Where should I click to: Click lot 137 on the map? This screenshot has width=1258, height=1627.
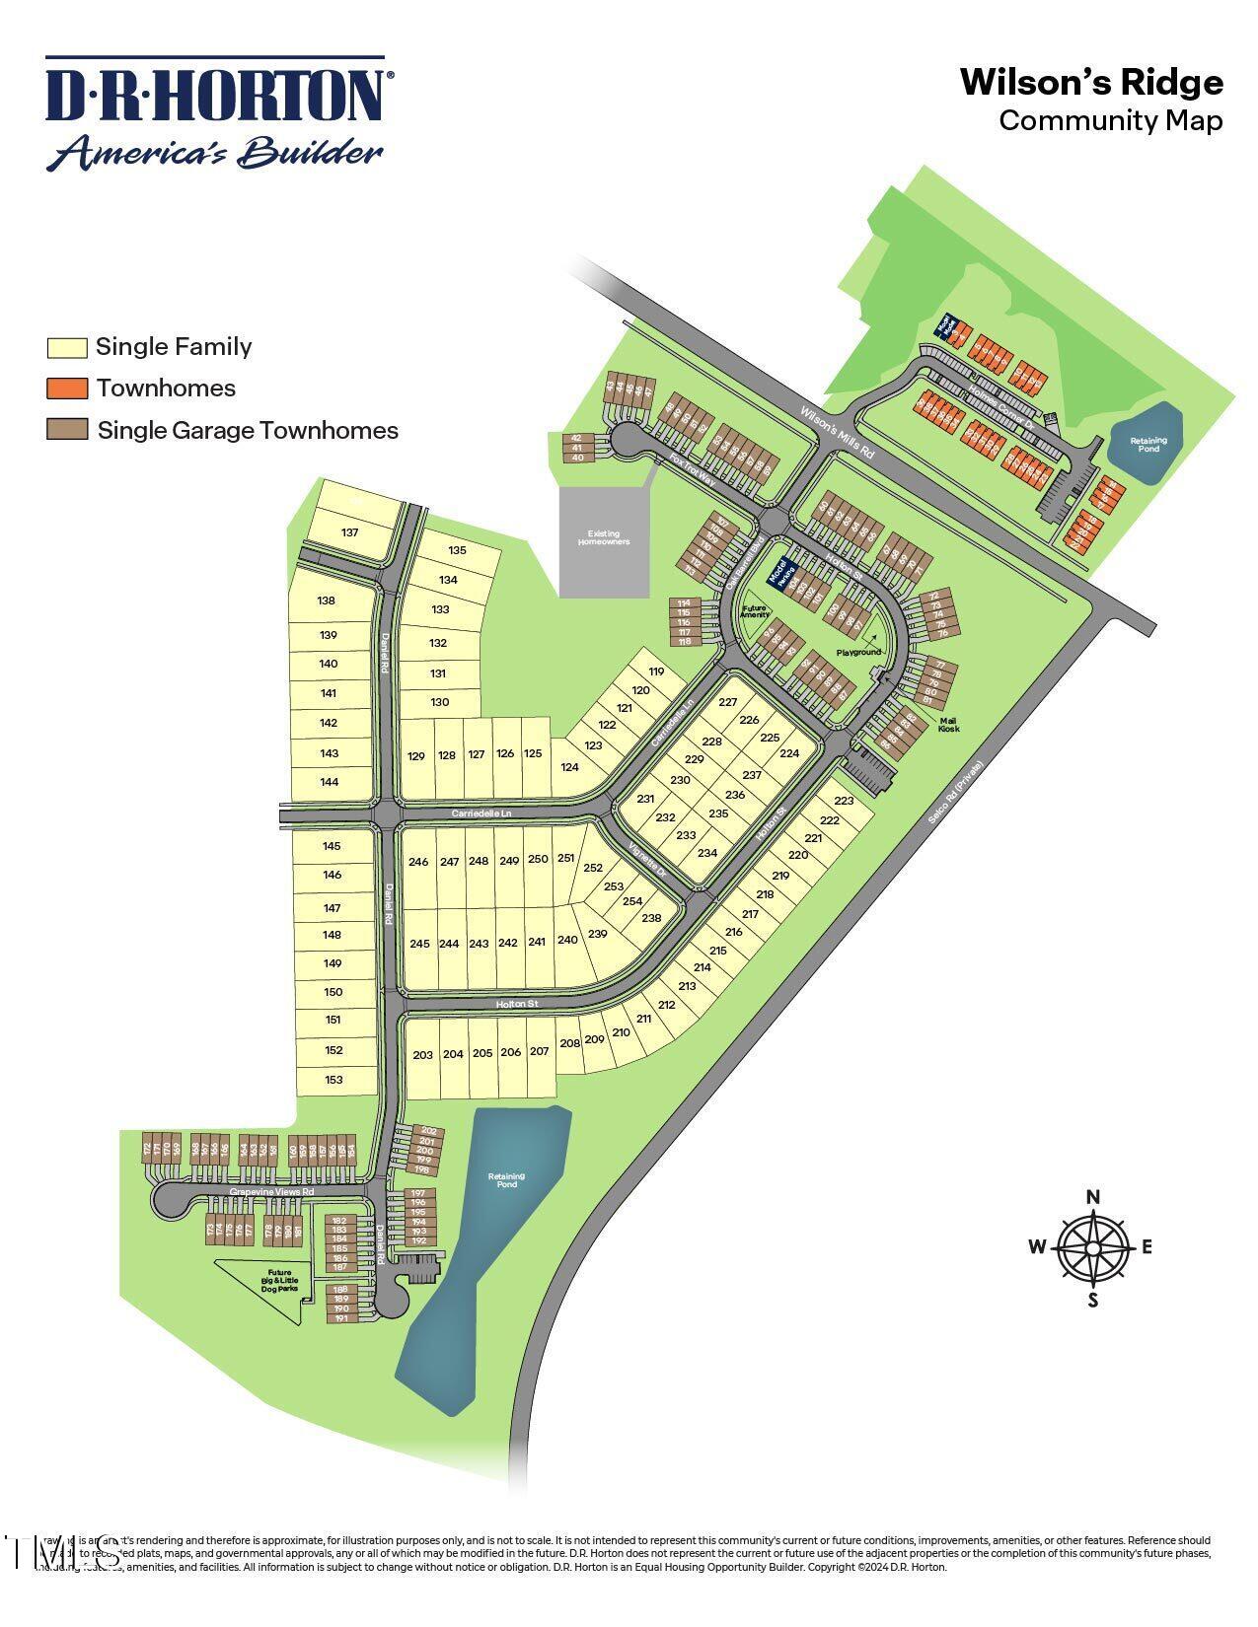pyautogui.click(x=349, y=532)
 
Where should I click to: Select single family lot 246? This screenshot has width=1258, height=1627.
pyautogui.click(x=418, y=862)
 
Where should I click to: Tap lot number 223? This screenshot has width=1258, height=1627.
pyautogui.click(x=844, y=801)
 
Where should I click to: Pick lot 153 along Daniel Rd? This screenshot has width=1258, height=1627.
pyautogui.click(x=333, y=1080)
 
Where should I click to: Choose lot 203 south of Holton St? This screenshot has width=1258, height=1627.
pyautogui.click(x=422, y=1055)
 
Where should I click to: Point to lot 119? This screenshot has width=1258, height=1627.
pyautogui.click(x=657, y=672)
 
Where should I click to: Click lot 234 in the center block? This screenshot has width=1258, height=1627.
pyautogui.click(x=707, y=853)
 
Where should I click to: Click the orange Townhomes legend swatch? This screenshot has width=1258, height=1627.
pyautogui.click(x=67, y=388)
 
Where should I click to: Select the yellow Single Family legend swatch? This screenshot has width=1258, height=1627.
pyautogui.click(x=67, y=347)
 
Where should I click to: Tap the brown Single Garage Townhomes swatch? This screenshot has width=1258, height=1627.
pyautogui.click(x=67, y=430)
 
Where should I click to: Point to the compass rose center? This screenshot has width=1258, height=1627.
pyautogui.click(x=1092, y=1248)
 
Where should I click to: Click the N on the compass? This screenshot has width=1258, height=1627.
pyautogui.click(x=1092, y=1198)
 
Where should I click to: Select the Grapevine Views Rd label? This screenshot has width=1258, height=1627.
pyautogui.click(x=271, y=1192)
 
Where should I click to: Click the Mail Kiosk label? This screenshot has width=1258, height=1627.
pyautogui.click(x=946, y=725)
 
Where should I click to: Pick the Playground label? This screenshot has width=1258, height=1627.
pyautogui.click(x=858, y=652)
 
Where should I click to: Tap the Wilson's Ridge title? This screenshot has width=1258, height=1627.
pyautogui.click(x=1091, y=83)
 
